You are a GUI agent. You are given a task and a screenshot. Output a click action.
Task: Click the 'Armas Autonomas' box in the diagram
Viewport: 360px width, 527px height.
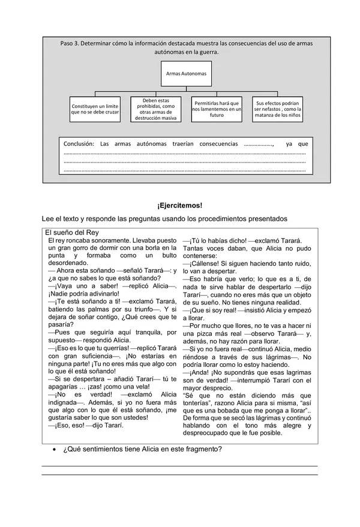[185, 74]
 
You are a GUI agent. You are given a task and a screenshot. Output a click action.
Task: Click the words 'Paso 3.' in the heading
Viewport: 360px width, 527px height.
[70, 43]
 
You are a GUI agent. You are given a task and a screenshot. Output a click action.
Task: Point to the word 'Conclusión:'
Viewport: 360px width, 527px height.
[79, 144]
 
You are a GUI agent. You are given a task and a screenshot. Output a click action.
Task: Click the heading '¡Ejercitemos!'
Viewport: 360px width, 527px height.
[180, 206]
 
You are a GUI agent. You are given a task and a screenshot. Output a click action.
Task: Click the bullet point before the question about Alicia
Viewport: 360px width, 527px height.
[55, 450]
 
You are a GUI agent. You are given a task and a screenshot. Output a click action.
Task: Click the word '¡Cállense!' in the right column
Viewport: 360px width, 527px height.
[206, 264]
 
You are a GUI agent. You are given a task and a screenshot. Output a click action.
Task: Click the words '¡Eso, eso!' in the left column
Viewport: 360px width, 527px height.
[64, 425]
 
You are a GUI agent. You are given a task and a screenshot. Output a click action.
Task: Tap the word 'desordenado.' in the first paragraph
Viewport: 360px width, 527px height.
[68, 262]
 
